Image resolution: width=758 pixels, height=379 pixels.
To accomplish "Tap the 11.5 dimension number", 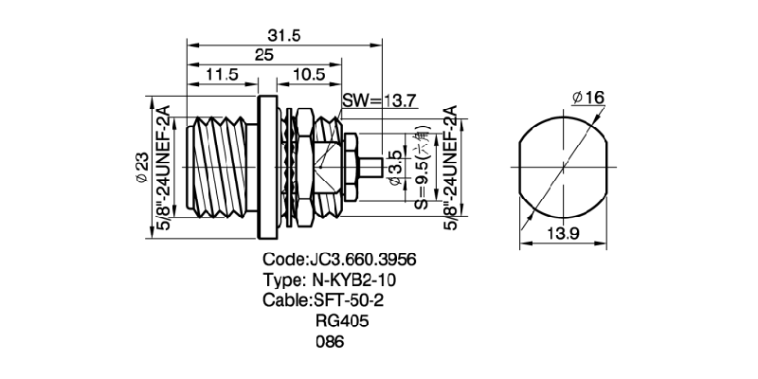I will coord(222,75).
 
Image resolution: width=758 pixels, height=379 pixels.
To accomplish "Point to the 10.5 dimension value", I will coord(309,75).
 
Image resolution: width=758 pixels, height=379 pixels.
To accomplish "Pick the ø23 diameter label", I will coord(138,167).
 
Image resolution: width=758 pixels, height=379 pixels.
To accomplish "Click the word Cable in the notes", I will coord(283,300).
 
